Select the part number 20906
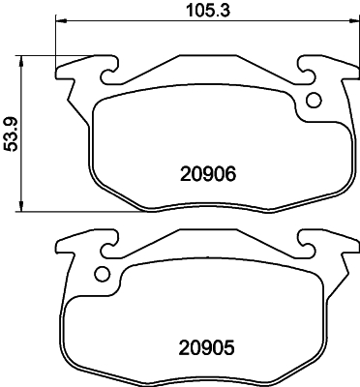click(x=208, y=175)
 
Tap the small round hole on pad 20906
click(x=313, y=100)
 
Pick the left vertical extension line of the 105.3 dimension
click(x=56, y=44)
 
